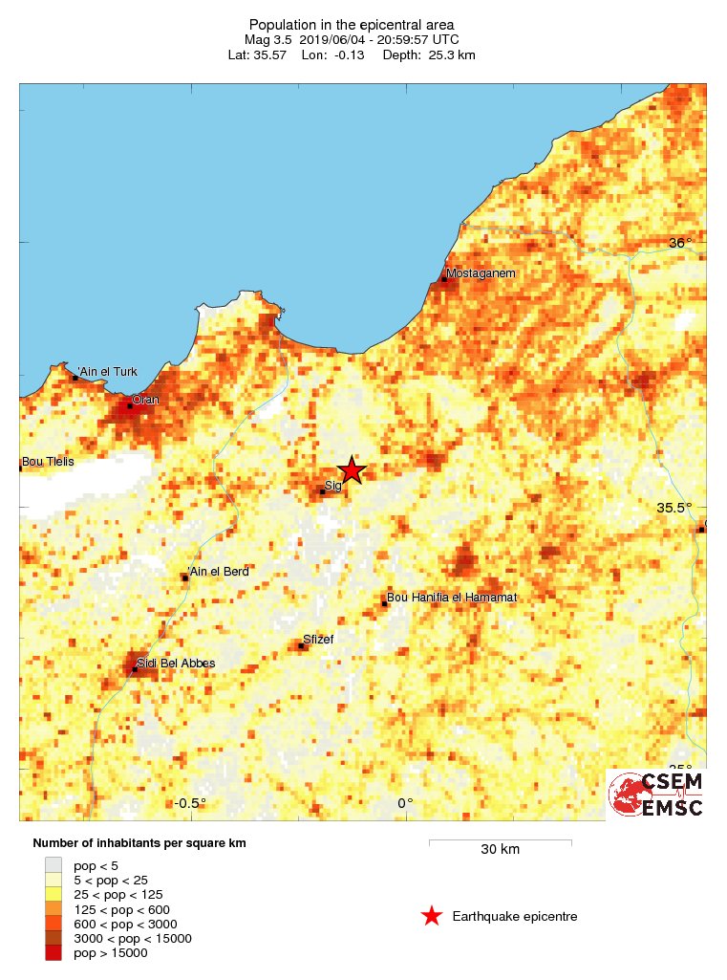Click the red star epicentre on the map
[352, 469]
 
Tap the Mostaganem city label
[481, 273]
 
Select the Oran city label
[145, 400]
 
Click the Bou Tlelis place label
[48, 461]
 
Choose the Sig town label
[333, 486]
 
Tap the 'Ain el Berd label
[219, 572]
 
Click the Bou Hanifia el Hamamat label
[453, 598]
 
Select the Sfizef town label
[318, 639]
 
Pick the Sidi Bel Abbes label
[176, 663]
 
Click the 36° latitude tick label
[679, 243]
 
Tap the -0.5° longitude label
[191, 803]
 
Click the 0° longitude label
[405, 803]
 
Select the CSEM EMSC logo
[656, 795]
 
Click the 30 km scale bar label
[500, 849]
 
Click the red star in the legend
[432, 916]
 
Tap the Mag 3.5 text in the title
[268, 39]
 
